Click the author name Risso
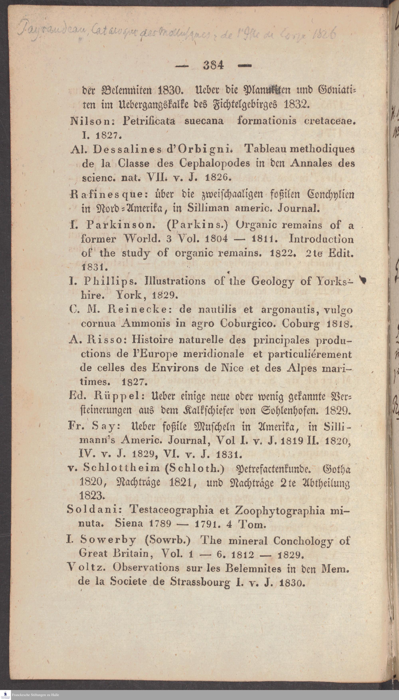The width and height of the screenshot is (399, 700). point(106,340)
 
